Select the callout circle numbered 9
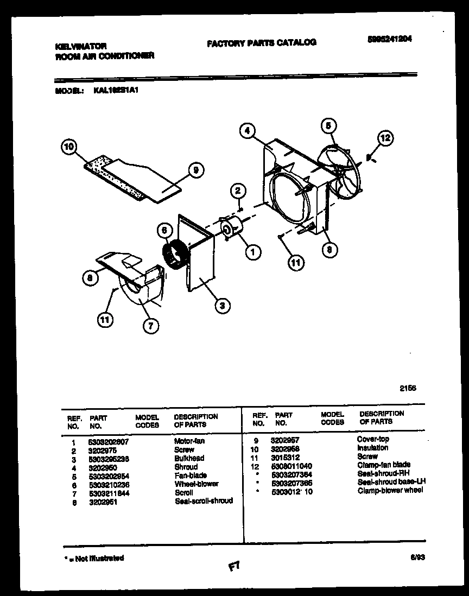point(195,170)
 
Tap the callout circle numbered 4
point(246,130)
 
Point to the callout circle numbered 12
point(384,138)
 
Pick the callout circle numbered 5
point(327,125)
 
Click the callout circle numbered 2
point(238,191)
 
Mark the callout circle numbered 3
point(221,306)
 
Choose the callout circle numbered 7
point(151,325)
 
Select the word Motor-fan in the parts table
point(189,441)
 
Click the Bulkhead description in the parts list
point(189,458)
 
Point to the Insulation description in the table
point(372,448)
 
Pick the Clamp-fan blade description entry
point(383,465)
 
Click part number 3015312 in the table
point(285,457)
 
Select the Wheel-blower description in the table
point(196,484)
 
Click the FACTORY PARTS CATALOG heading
point(261,42)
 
